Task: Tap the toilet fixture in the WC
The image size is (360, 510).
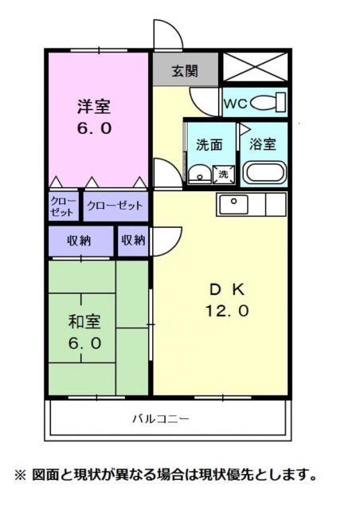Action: tap(272, 103)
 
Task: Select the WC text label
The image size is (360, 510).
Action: tap(236, 104)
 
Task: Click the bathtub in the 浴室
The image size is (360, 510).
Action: tap(263, 172)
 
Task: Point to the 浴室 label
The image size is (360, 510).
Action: tap(264, 145)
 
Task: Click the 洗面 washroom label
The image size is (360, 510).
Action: tap(209, 145)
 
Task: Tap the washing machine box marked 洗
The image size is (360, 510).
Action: tap(224, 174)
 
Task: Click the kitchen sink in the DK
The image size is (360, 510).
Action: tap(235, 202)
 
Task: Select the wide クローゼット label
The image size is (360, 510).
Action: tap(115, 206)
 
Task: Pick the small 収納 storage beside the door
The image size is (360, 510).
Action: tap(132, 240)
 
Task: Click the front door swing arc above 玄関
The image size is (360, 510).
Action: tap(168, 35)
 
